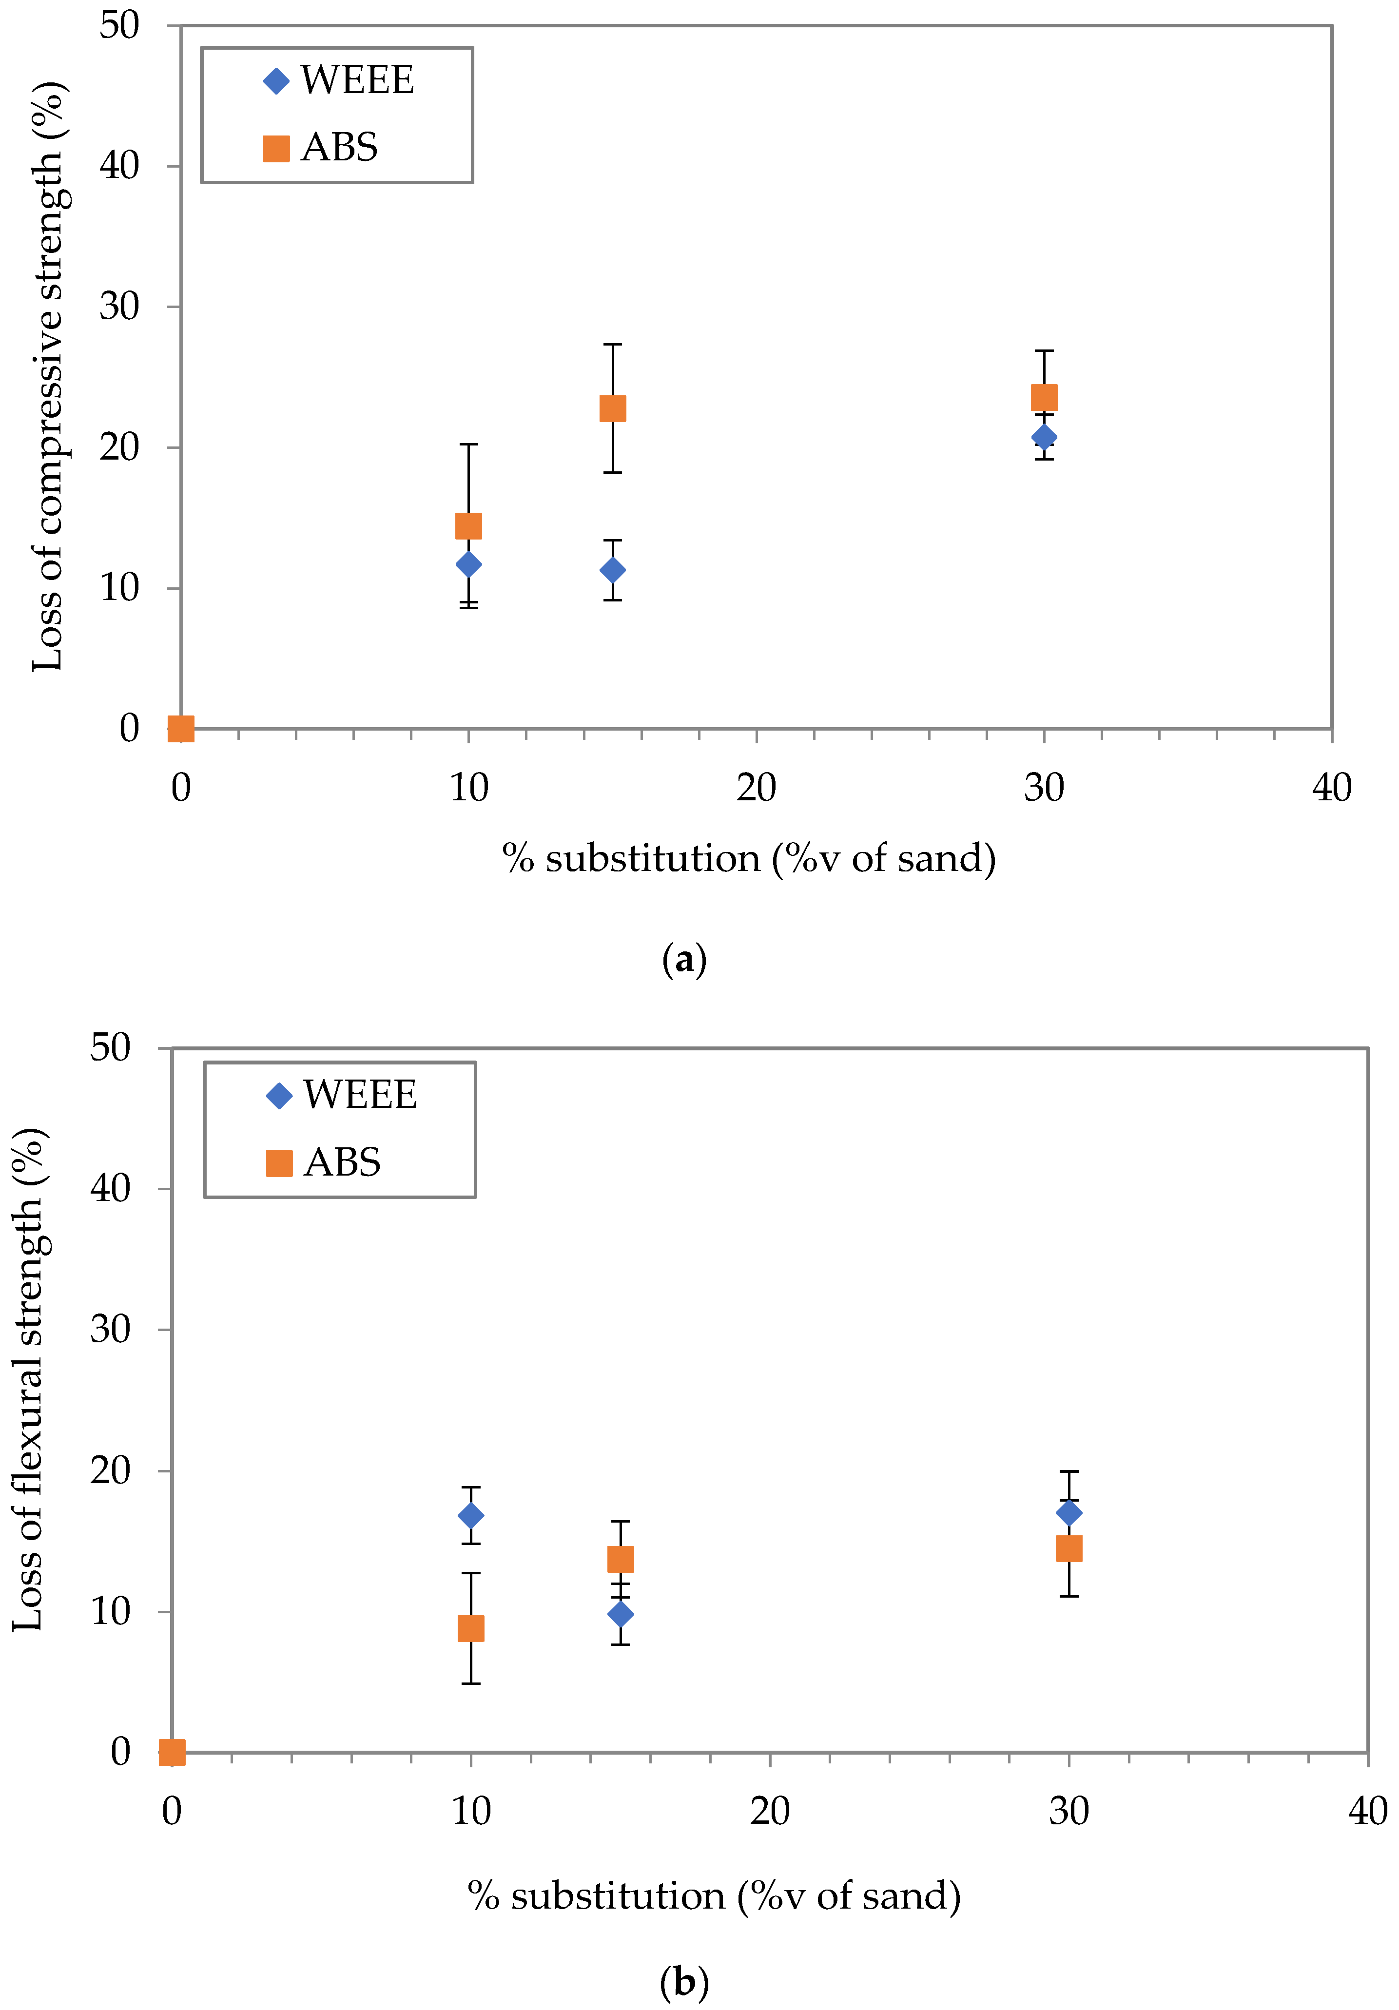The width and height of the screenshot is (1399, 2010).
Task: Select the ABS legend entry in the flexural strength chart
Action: point(324,1162)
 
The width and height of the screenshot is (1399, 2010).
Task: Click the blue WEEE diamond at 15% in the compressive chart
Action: point(613,570)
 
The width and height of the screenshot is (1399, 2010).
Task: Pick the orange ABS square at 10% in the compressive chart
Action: point(468,525)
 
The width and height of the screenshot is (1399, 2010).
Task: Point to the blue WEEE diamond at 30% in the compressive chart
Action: point(1044,437)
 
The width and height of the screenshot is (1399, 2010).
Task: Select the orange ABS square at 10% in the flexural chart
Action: point(471,1628)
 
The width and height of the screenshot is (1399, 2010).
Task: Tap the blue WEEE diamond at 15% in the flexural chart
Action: point(621,1613)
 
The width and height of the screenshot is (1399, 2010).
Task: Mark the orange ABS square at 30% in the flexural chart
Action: point(1069,1548)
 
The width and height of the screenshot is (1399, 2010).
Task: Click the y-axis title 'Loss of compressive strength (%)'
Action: point(49,376)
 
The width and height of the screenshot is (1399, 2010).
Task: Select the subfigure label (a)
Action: point(684,960)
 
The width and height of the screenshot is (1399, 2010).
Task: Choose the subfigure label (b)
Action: point(684,1981)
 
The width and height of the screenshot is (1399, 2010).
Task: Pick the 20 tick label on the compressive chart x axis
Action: point(757,789)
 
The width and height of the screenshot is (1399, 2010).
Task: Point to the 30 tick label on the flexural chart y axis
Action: point(110,1330)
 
